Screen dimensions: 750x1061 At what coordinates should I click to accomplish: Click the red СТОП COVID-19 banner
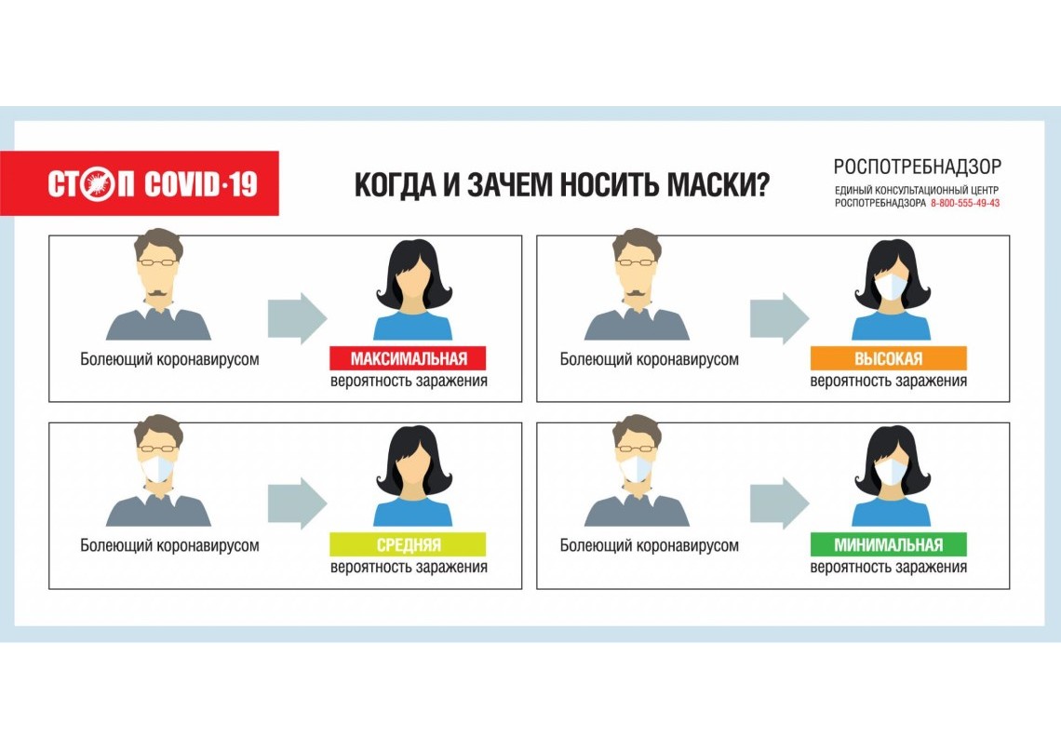pos(140,183)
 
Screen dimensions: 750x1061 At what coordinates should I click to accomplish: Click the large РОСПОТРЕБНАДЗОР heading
pos(917,167)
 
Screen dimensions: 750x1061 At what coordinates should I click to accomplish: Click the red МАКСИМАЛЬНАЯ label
pos(408,359)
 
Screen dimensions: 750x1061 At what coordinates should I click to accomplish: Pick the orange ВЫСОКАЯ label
pos(888,359)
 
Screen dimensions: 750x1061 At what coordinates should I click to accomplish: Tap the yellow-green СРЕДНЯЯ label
pos(408,544)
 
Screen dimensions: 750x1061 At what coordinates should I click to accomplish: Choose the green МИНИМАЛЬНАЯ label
pos(888,544)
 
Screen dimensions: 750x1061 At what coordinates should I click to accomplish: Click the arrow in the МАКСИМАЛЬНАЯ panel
pos(297,318)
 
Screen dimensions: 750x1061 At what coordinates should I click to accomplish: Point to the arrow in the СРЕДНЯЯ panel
pos(297,503)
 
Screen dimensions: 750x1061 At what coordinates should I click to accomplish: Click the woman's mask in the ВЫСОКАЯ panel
pos(891,286)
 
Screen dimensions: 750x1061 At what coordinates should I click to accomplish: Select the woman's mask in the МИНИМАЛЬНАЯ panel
pos(891,471)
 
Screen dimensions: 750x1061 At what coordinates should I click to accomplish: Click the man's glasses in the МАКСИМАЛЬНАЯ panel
pos(158,262)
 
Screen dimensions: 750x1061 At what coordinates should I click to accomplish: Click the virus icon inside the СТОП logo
pos(97,184)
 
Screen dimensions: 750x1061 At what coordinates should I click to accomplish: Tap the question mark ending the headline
pos(760,184)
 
